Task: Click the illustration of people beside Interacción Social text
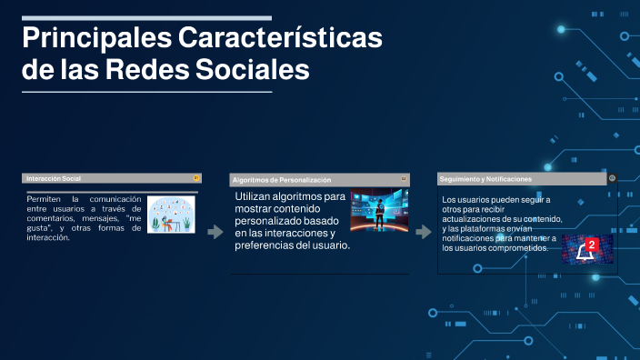click(170, 215)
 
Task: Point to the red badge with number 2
click(592, 245)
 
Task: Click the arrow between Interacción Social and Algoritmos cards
click(215, 233)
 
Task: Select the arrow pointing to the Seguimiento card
click(423, 233)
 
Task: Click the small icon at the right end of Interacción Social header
click(195, 178)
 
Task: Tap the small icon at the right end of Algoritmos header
click(404, 180)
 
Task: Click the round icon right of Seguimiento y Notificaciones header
click(613, 179)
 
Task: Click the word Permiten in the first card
click(44, 198)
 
